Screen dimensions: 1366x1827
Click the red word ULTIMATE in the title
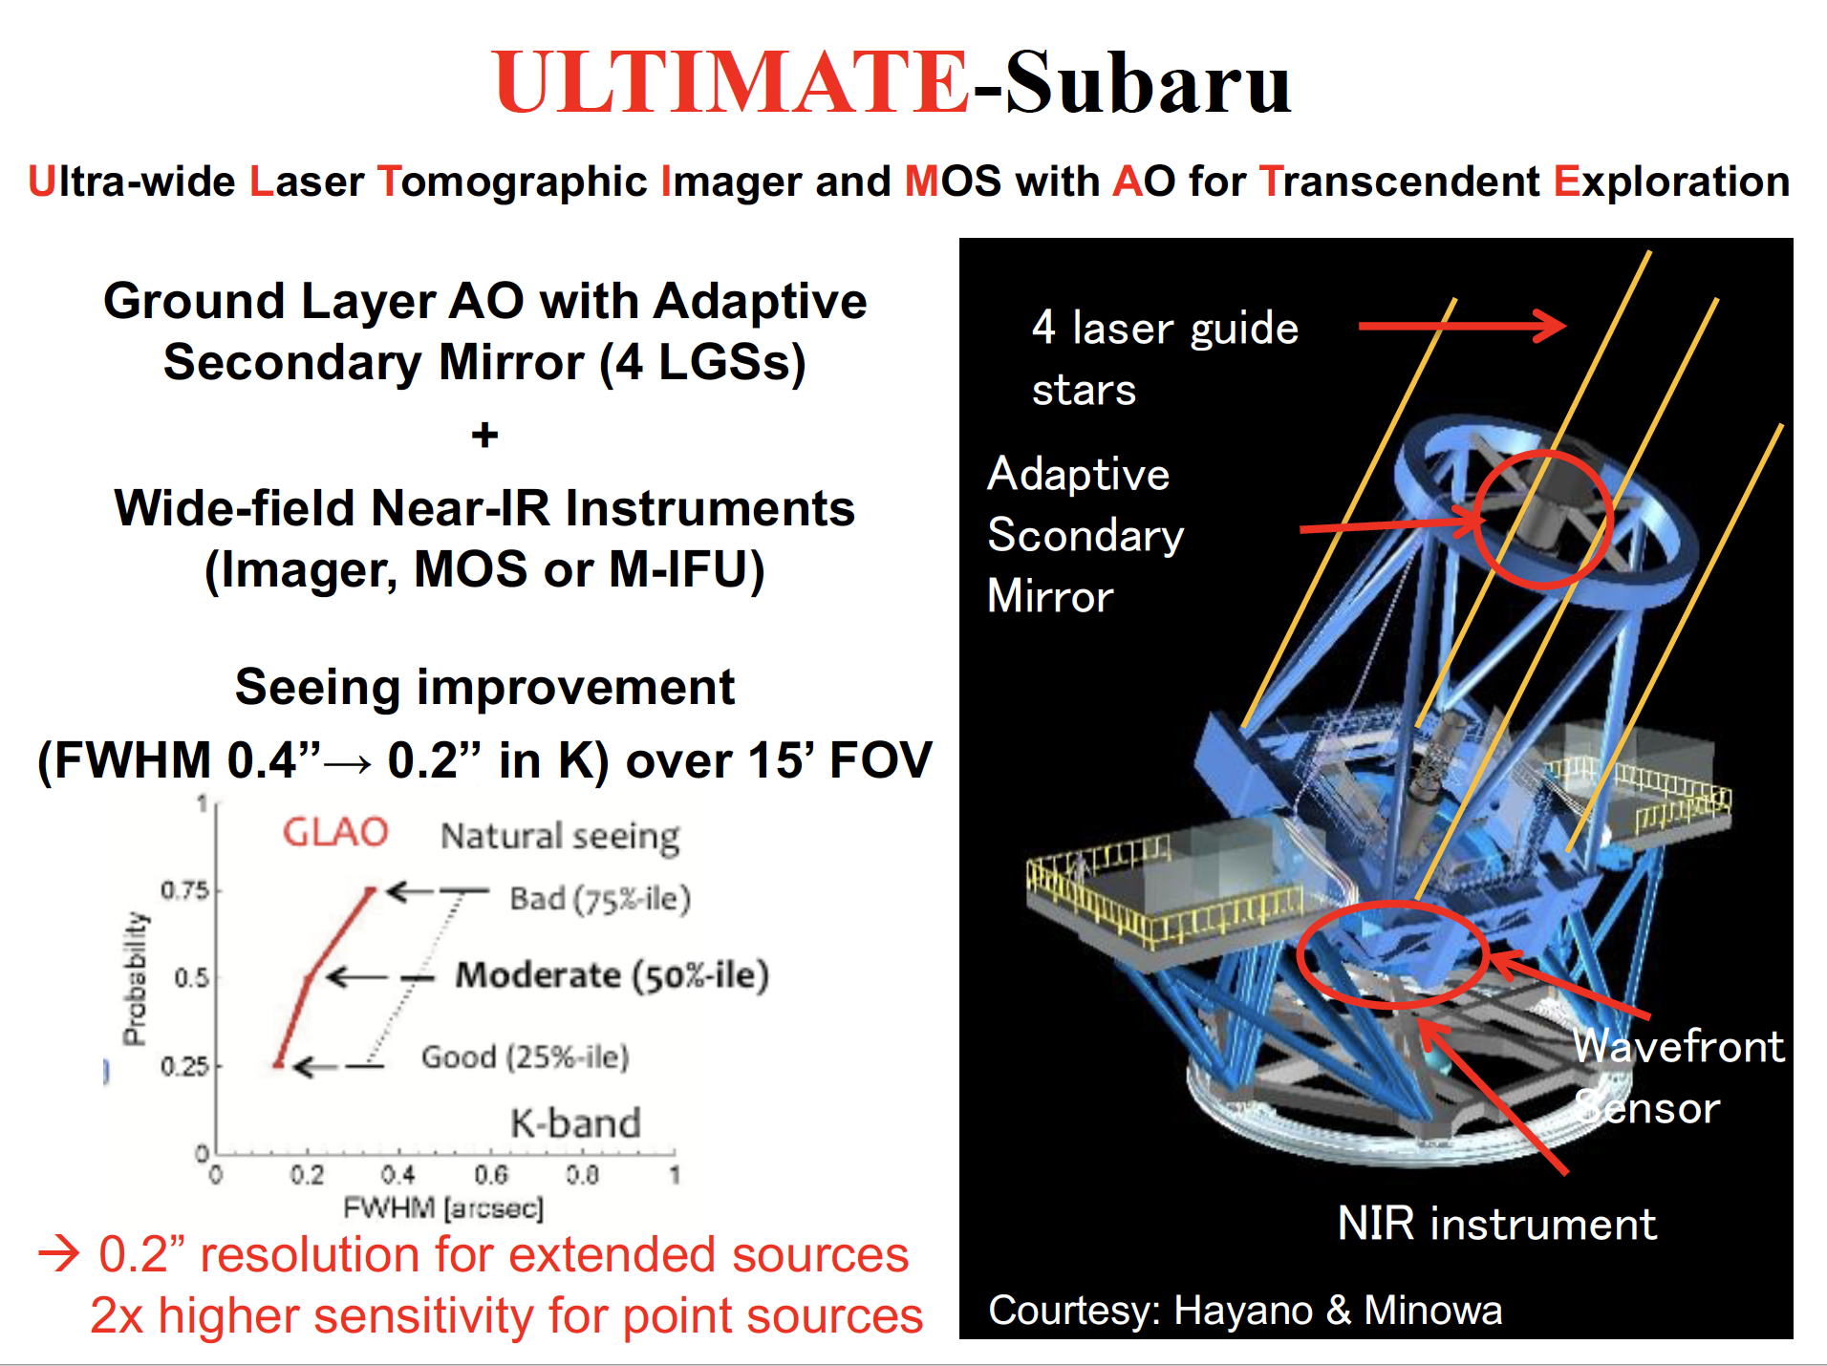pos(732,82)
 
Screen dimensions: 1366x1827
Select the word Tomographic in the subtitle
pos(512,181)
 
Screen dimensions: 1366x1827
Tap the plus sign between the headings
pos(484,436)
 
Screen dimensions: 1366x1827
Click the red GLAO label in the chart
pos(335,832)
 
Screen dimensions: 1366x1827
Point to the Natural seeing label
pos(560,837)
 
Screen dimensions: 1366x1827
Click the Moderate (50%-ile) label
pos(612,975)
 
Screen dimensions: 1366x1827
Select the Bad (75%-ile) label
pos(599,899)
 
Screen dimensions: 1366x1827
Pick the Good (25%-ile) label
pos(525,1057)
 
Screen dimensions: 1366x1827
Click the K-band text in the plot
pos(575,1123)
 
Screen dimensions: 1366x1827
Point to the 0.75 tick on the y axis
pos(184,890)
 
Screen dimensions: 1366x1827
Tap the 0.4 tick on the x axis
pos(398,1175)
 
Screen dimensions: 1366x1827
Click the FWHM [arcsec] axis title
pos(443,1208)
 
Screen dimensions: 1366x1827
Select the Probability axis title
pos(135,978)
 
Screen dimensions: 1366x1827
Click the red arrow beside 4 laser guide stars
pos(1461,326)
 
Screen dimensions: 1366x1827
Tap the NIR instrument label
pos(1496,1224)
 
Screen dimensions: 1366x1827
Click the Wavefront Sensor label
pos(1677,1077)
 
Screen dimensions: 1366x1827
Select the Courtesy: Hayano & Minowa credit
pos(1244,1311)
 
